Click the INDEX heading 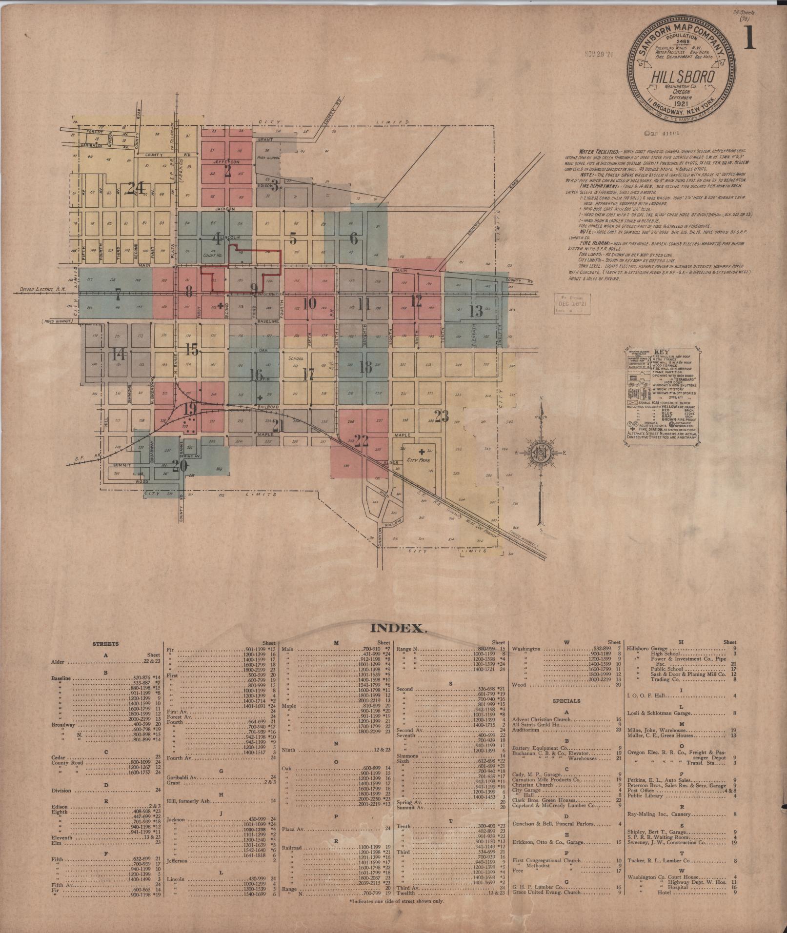(x=399, y=628)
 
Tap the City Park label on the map (x=415, y=460)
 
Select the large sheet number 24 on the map (x=135, y=188)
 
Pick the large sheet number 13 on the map (x=476, y=311)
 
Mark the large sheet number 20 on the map (x=180, y=466)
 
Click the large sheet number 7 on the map (x=118, y=294)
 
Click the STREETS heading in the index (x=105, y=644)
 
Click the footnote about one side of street (x=397, y=902)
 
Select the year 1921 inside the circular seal (x=683, y=104)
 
